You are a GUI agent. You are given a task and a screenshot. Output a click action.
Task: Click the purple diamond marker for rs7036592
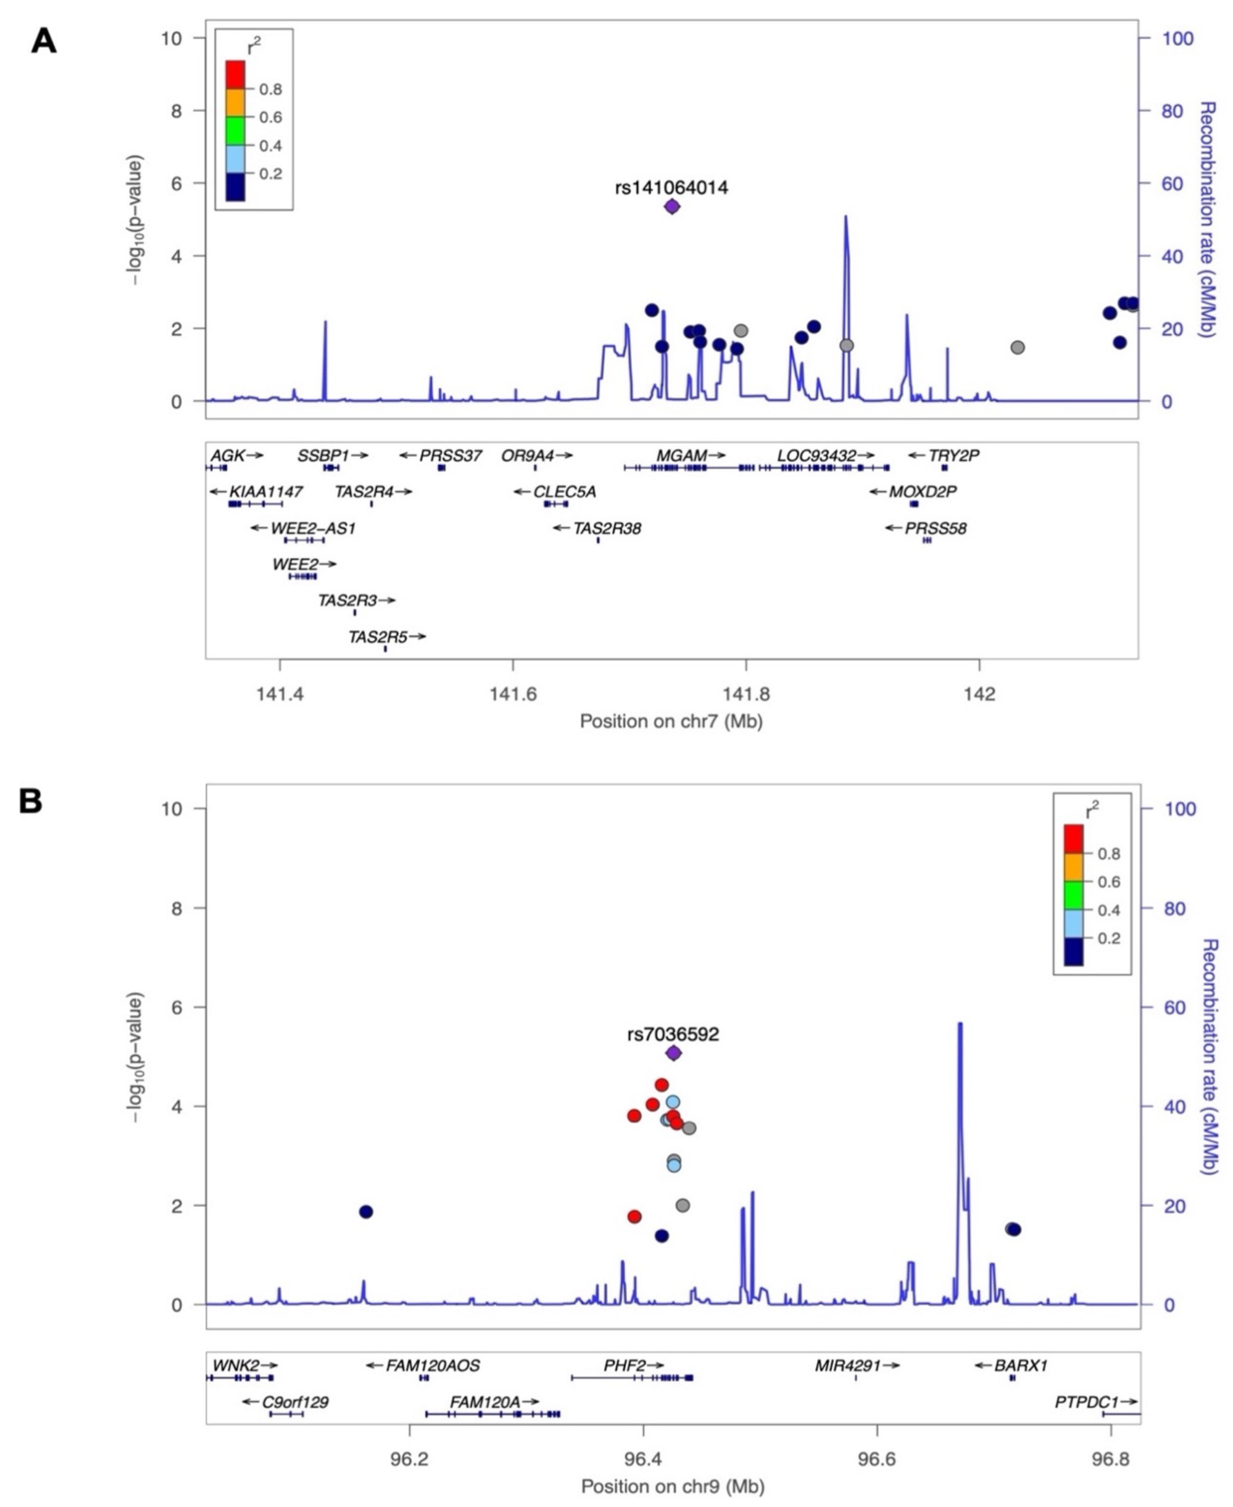(673, 1052)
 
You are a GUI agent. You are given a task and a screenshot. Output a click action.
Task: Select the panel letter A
(43, 42)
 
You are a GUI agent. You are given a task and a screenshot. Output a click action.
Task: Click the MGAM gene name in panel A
(681, 455)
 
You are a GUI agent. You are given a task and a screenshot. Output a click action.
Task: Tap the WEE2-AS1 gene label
(312, 528)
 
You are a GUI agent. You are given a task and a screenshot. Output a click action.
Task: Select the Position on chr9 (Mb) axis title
(673, 1486)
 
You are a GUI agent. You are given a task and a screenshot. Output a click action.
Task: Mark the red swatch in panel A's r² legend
(235, 75)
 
